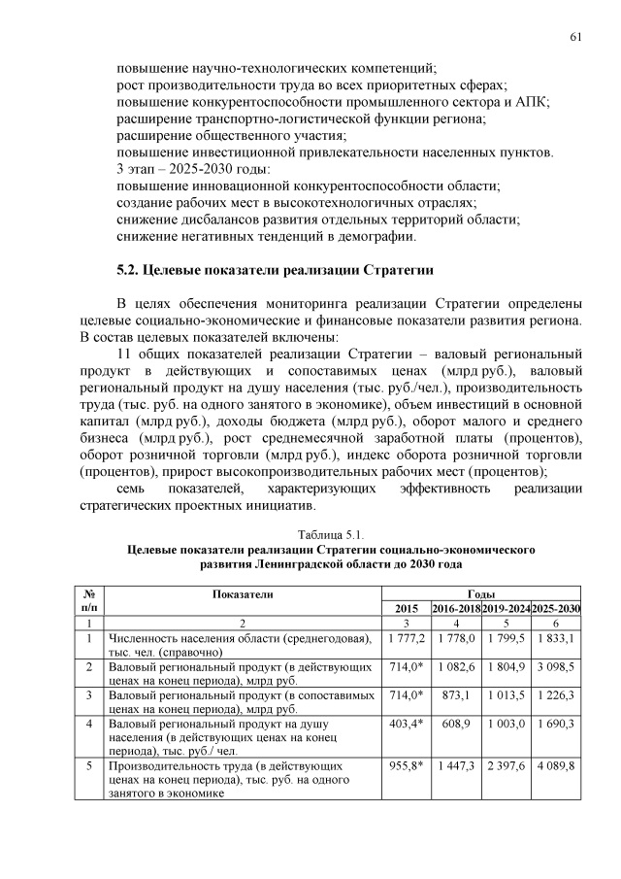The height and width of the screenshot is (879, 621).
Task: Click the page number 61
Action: tap(575, 36)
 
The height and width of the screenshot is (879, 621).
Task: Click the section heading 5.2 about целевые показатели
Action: tap(275, 269)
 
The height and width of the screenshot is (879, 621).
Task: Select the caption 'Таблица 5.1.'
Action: tap(332, 534)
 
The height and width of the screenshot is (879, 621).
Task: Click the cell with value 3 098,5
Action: tap(556, 668)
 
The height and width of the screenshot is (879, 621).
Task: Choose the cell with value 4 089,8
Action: tap(556, 766)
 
